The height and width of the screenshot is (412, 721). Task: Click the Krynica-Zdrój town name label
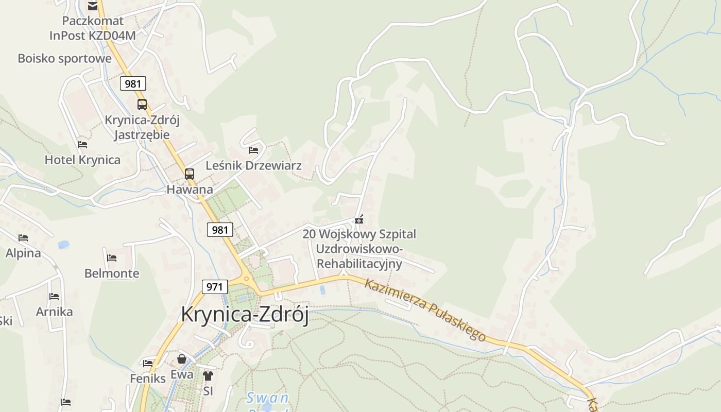tap(245, 315)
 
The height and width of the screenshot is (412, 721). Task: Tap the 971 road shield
tap(214, 287)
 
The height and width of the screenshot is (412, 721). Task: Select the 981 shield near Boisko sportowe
tap(133, 83)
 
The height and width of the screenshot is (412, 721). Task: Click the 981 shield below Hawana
tap(220, 230)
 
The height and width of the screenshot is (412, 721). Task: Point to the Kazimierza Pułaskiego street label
tap(425, 310)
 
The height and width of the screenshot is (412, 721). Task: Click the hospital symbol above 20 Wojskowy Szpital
tap(359, 220)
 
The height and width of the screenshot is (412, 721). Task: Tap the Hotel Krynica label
tap(82, 160)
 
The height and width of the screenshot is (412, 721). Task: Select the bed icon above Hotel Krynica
tap(82, 145)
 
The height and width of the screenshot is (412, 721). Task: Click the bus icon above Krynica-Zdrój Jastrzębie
tap(142, 104)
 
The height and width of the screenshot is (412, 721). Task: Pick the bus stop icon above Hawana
tap(190, 174)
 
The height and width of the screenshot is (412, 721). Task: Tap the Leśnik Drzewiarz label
tap(253, 166)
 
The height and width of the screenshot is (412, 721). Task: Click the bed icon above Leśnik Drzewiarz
tap(253, 150)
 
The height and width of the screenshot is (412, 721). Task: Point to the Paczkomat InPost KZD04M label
tap(93, 28)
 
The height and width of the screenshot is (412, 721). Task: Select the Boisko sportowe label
tap(64, 58)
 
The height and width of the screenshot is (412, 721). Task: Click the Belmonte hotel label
tap(112, 273)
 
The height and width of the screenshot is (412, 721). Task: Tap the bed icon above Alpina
tap(23, 238)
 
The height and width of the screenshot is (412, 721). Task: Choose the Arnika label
tap(54, 312)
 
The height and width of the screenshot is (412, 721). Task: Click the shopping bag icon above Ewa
tap(182, 359)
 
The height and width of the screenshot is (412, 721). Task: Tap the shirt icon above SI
tap(208, 376)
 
